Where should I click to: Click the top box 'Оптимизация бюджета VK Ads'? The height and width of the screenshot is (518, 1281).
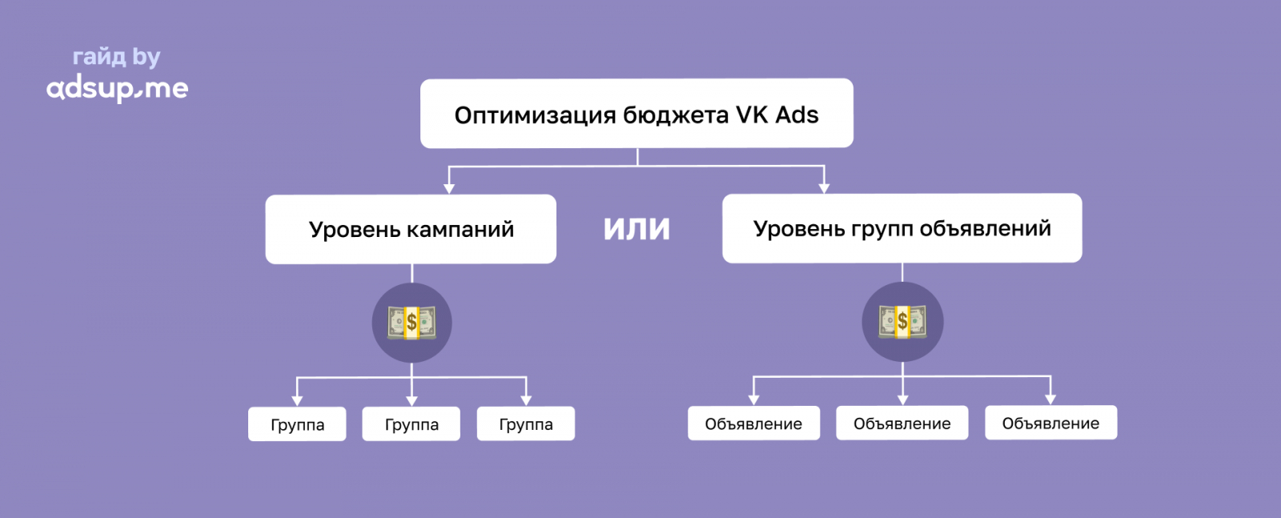coord(636,114)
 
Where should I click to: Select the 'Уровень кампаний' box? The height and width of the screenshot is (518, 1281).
coord(411,229)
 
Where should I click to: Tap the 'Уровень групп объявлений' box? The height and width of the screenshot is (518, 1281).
coord(902,228)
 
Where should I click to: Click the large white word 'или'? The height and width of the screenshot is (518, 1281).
coord(636,228)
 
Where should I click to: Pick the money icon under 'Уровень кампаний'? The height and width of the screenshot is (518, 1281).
coord(412,323)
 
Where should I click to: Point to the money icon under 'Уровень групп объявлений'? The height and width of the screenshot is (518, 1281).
coord(902,322)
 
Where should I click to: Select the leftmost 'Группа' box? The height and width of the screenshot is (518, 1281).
coord(297,424)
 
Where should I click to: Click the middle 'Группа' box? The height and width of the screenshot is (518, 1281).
coord(412,424)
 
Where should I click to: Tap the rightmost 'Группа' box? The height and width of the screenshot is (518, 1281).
coord(526,424)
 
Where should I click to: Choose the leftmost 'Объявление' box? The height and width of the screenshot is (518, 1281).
coord(753,424)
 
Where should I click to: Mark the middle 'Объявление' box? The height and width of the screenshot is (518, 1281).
coord(902,424)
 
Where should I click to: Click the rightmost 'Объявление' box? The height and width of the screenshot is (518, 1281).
coord(1050,423)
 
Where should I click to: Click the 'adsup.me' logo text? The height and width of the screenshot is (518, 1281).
coord(117,88)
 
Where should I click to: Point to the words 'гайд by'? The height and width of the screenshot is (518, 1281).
coord(117,57)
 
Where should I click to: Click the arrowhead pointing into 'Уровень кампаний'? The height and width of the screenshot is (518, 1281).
coord(449,188)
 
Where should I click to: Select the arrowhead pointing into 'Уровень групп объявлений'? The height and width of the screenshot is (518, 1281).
coord(824,188)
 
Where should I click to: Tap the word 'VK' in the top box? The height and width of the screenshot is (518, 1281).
coord(752,114)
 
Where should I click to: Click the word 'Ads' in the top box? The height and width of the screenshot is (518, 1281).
coord(797,114)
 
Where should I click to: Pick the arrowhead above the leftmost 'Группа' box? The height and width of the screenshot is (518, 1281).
coord(297,400)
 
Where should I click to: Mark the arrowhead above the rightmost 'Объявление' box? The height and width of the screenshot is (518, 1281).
coord(1050,399)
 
